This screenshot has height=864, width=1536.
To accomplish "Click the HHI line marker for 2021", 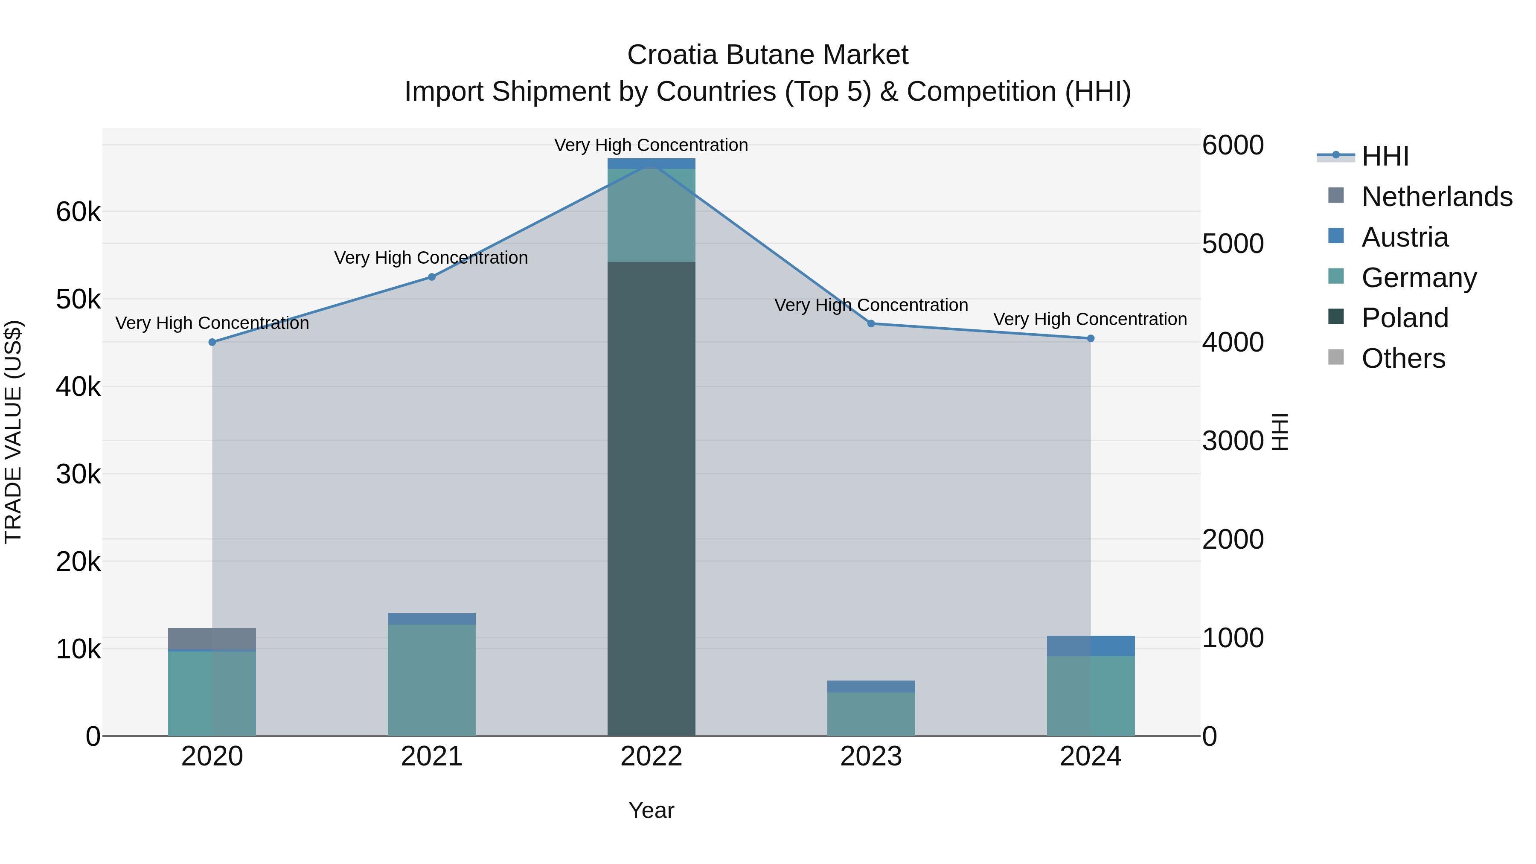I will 432,276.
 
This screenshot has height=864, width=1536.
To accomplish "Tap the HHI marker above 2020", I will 212,342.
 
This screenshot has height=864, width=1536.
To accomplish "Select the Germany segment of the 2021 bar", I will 432,680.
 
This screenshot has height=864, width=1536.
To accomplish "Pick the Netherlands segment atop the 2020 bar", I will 212,639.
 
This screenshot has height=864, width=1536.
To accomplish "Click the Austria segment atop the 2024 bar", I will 1091,646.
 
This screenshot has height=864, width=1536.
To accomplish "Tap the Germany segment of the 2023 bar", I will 870,714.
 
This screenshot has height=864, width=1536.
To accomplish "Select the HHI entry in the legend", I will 1385,156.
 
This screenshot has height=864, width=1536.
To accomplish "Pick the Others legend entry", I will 1403,358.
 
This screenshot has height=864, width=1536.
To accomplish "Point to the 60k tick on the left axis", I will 78,212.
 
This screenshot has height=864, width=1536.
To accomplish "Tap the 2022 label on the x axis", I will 651,756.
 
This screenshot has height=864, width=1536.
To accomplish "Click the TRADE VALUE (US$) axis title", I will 13,432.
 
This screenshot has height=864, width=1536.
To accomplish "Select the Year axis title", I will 651,810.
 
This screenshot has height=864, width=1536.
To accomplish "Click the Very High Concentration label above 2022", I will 651,145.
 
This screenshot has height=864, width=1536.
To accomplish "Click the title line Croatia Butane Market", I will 768,55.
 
